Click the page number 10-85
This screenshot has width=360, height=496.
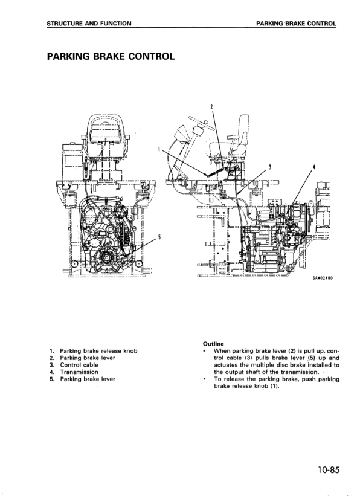click(329, 470)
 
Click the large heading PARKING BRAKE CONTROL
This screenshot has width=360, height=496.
click(111, 56)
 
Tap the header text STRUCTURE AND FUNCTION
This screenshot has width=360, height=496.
click(89, 24)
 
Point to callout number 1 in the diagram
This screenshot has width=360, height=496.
click(159, 149)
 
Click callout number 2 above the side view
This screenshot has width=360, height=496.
click(211, 106)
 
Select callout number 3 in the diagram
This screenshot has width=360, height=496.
click(270, 166)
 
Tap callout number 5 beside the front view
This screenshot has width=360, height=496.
click(159, 237)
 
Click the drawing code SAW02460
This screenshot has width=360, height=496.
click(323, 278)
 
